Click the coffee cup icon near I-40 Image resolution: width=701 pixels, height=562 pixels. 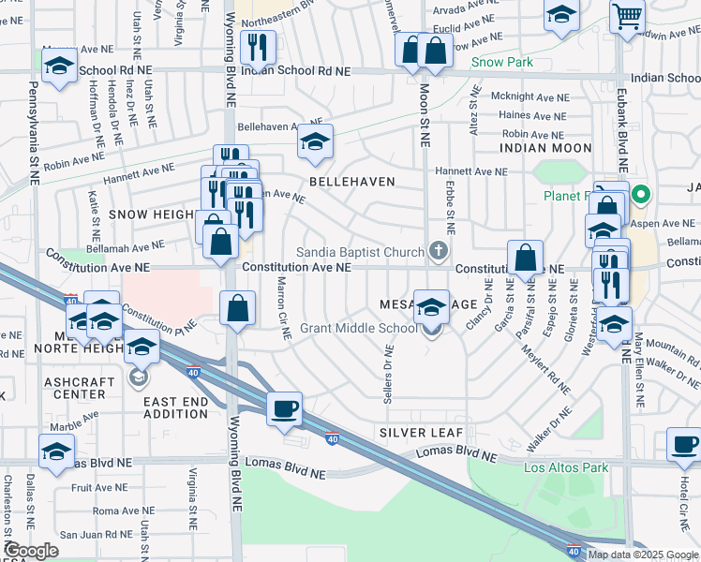pos(284,408)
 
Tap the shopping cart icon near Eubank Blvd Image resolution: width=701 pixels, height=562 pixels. pos(627,16)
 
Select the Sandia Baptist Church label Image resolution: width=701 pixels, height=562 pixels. pos(361,251)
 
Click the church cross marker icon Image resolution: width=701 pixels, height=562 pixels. pos(437,250)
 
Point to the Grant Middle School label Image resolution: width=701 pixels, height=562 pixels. pos(358,329)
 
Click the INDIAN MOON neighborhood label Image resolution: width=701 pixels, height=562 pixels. pos(545,148)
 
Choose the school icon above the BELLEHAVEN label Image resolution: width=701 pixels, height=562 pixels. pos(316,141)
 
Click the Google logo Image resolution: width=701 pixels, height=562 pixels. pos(31,551)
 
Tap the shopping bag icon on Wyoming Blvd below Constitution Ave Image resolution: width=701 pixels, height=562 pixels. pos(238,307)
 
